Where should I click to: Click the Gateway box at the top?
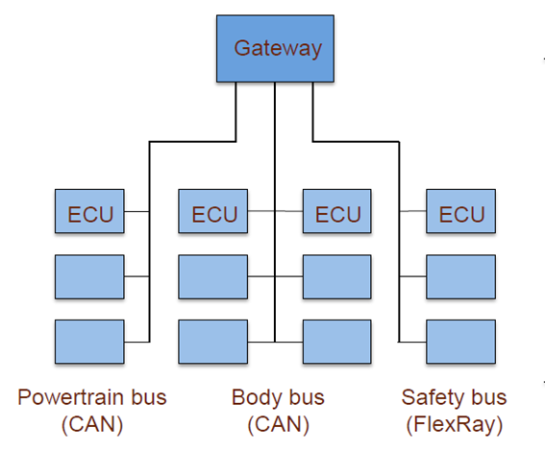[275, 49]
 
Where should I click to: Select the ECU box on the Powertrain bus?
[89, 211]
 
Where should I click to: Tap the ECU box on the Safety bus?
[460, 211]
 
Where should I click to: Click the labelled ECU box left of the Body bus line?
[213, 211]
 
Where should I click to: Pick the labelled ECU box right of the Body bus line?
[337, 211]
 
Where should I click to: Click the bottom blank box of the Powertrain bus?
[89, 342]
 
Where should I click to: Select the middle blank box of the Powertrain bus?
[89, 277]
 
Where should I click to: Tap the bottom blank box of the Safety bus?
[460, 342]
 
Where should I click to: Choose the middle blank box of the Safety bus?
[460, 277]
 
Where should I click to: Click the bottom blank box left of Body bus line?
[213, 342]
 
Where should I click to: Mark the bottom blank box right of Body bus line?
[337, 342]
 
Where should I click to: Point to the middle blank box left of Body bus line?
[213, 277]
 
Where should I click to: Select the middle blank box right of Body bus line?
[337, 277]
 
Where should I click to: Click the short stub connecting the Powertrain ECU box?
[136, 211]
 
